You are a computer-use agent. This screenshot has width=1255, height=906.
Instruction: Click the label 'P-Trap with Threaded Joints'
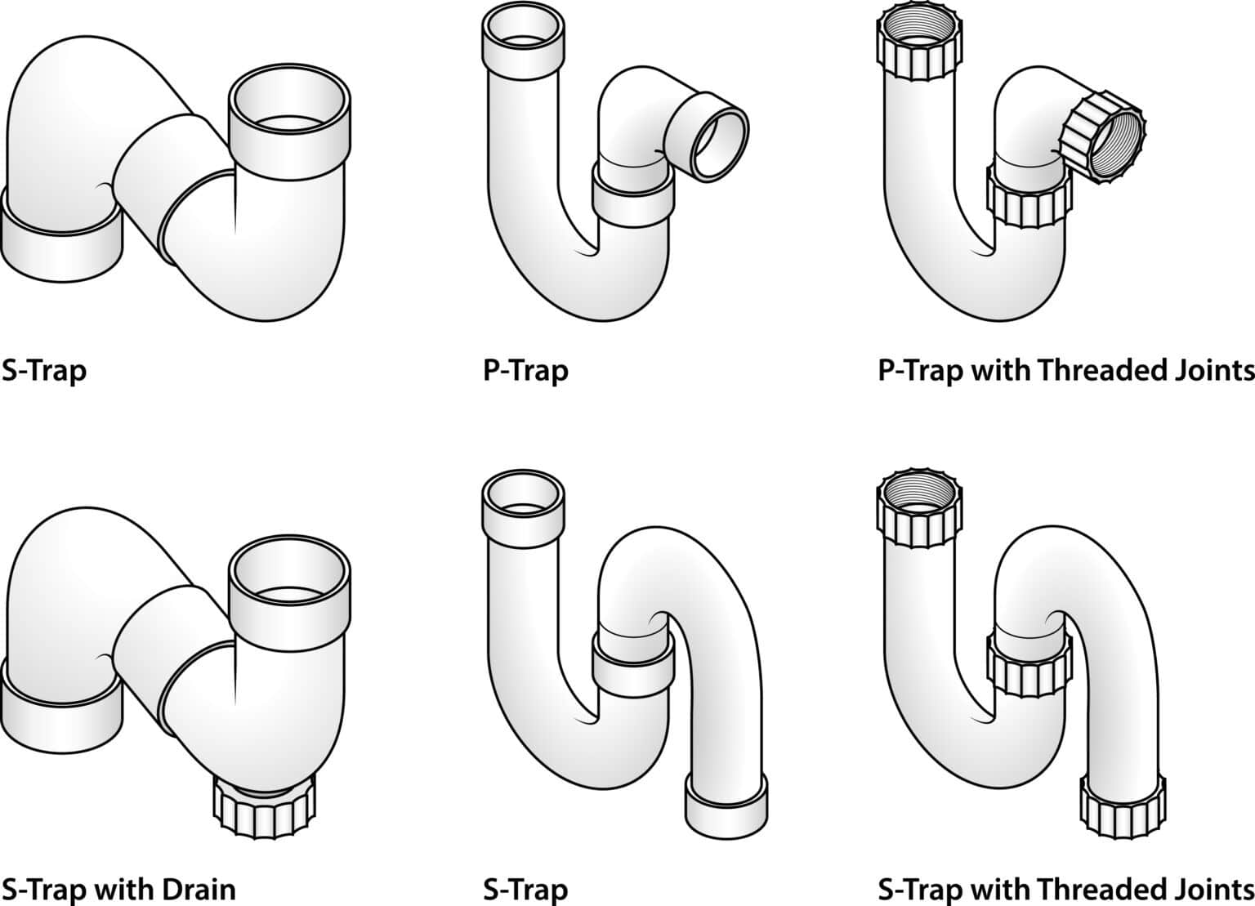[x=1065, y=370]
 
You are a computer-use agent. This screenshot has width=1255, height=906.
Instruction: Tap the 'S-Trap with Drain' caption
[x=118, y=888]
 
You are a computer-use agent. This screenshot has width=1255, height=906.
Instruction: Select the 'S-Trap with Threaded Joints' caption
[x=1065, y=888]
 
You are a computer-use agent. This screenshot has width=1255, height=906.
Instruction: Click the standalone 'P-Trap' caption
[x=525, y=370]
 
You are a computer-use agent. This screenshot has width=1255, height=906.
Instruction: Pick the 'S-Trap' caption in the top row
[x=44, y=370]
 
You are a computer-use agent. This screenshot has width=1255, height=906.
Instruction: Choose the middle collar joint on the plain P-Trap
[x=633, y=199]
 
